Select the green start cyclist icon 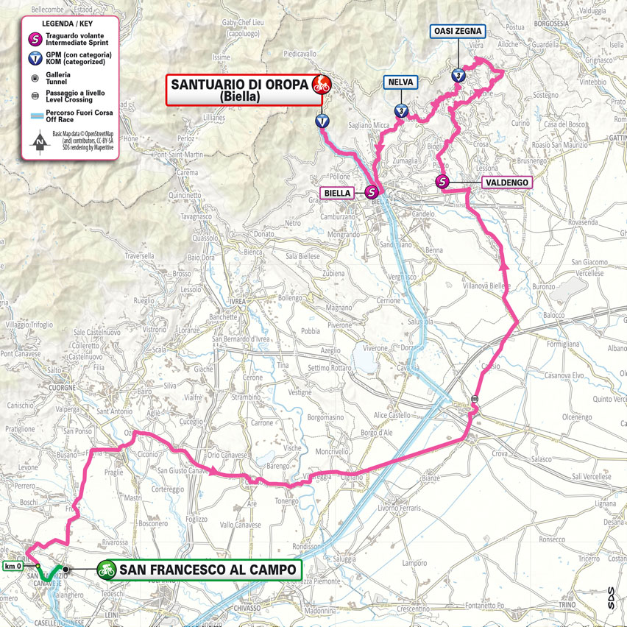107,570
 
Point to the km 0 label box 13,566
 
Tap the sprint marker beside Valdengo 443,182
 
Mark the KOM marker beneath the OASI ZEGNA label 458,75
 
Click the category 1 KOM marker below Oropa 321,121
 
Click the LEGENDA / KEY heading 67,23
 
